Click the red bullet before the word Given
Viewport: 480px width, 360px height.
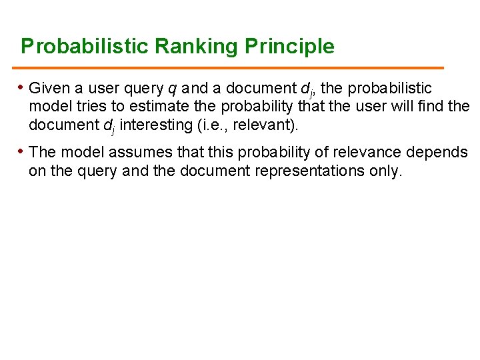pyautogui.click(x=22, y=87)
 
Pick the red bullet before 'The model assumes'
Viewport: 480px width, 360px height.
pyautogui.click(x=22, y=151)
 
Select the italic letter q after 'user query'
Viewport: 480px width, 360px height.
pyautogui.click(x=173, y=89)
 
